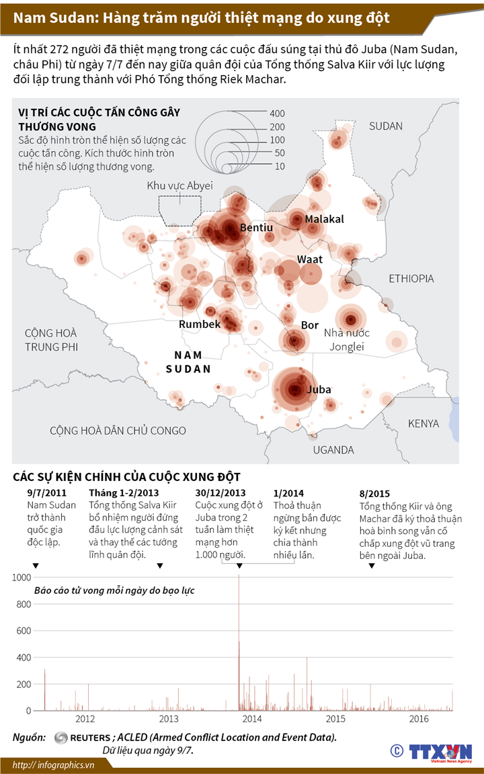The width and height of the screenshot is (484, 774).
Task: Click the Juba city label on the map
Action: coord(319,389)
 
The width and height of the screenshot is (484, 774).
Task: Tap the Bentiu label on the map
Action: coord(256,228)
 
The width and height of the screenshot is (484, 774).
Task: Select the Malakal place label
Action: coord(324,220)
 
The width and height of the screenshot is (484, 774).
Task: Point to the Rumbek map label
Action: coord(200,325)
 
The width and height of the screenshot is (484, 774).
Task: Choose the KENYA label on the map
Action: coord(424,424)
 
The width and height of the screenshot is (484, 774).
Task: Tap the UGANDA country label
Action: coord(333,450)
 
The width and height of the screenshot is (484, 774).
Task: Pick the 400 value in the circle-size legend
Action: coord(277,113)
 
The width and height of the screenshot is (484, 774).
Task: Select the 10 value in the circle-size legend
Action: coord(280,166)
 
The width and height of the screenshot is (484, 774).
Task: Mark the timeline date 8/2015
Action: coord(375,493)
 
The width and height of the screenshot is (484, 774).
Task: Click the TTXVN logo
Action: coord(441,751)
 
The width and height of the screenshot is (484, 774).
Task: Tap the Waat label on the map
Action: coord(310,259)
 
